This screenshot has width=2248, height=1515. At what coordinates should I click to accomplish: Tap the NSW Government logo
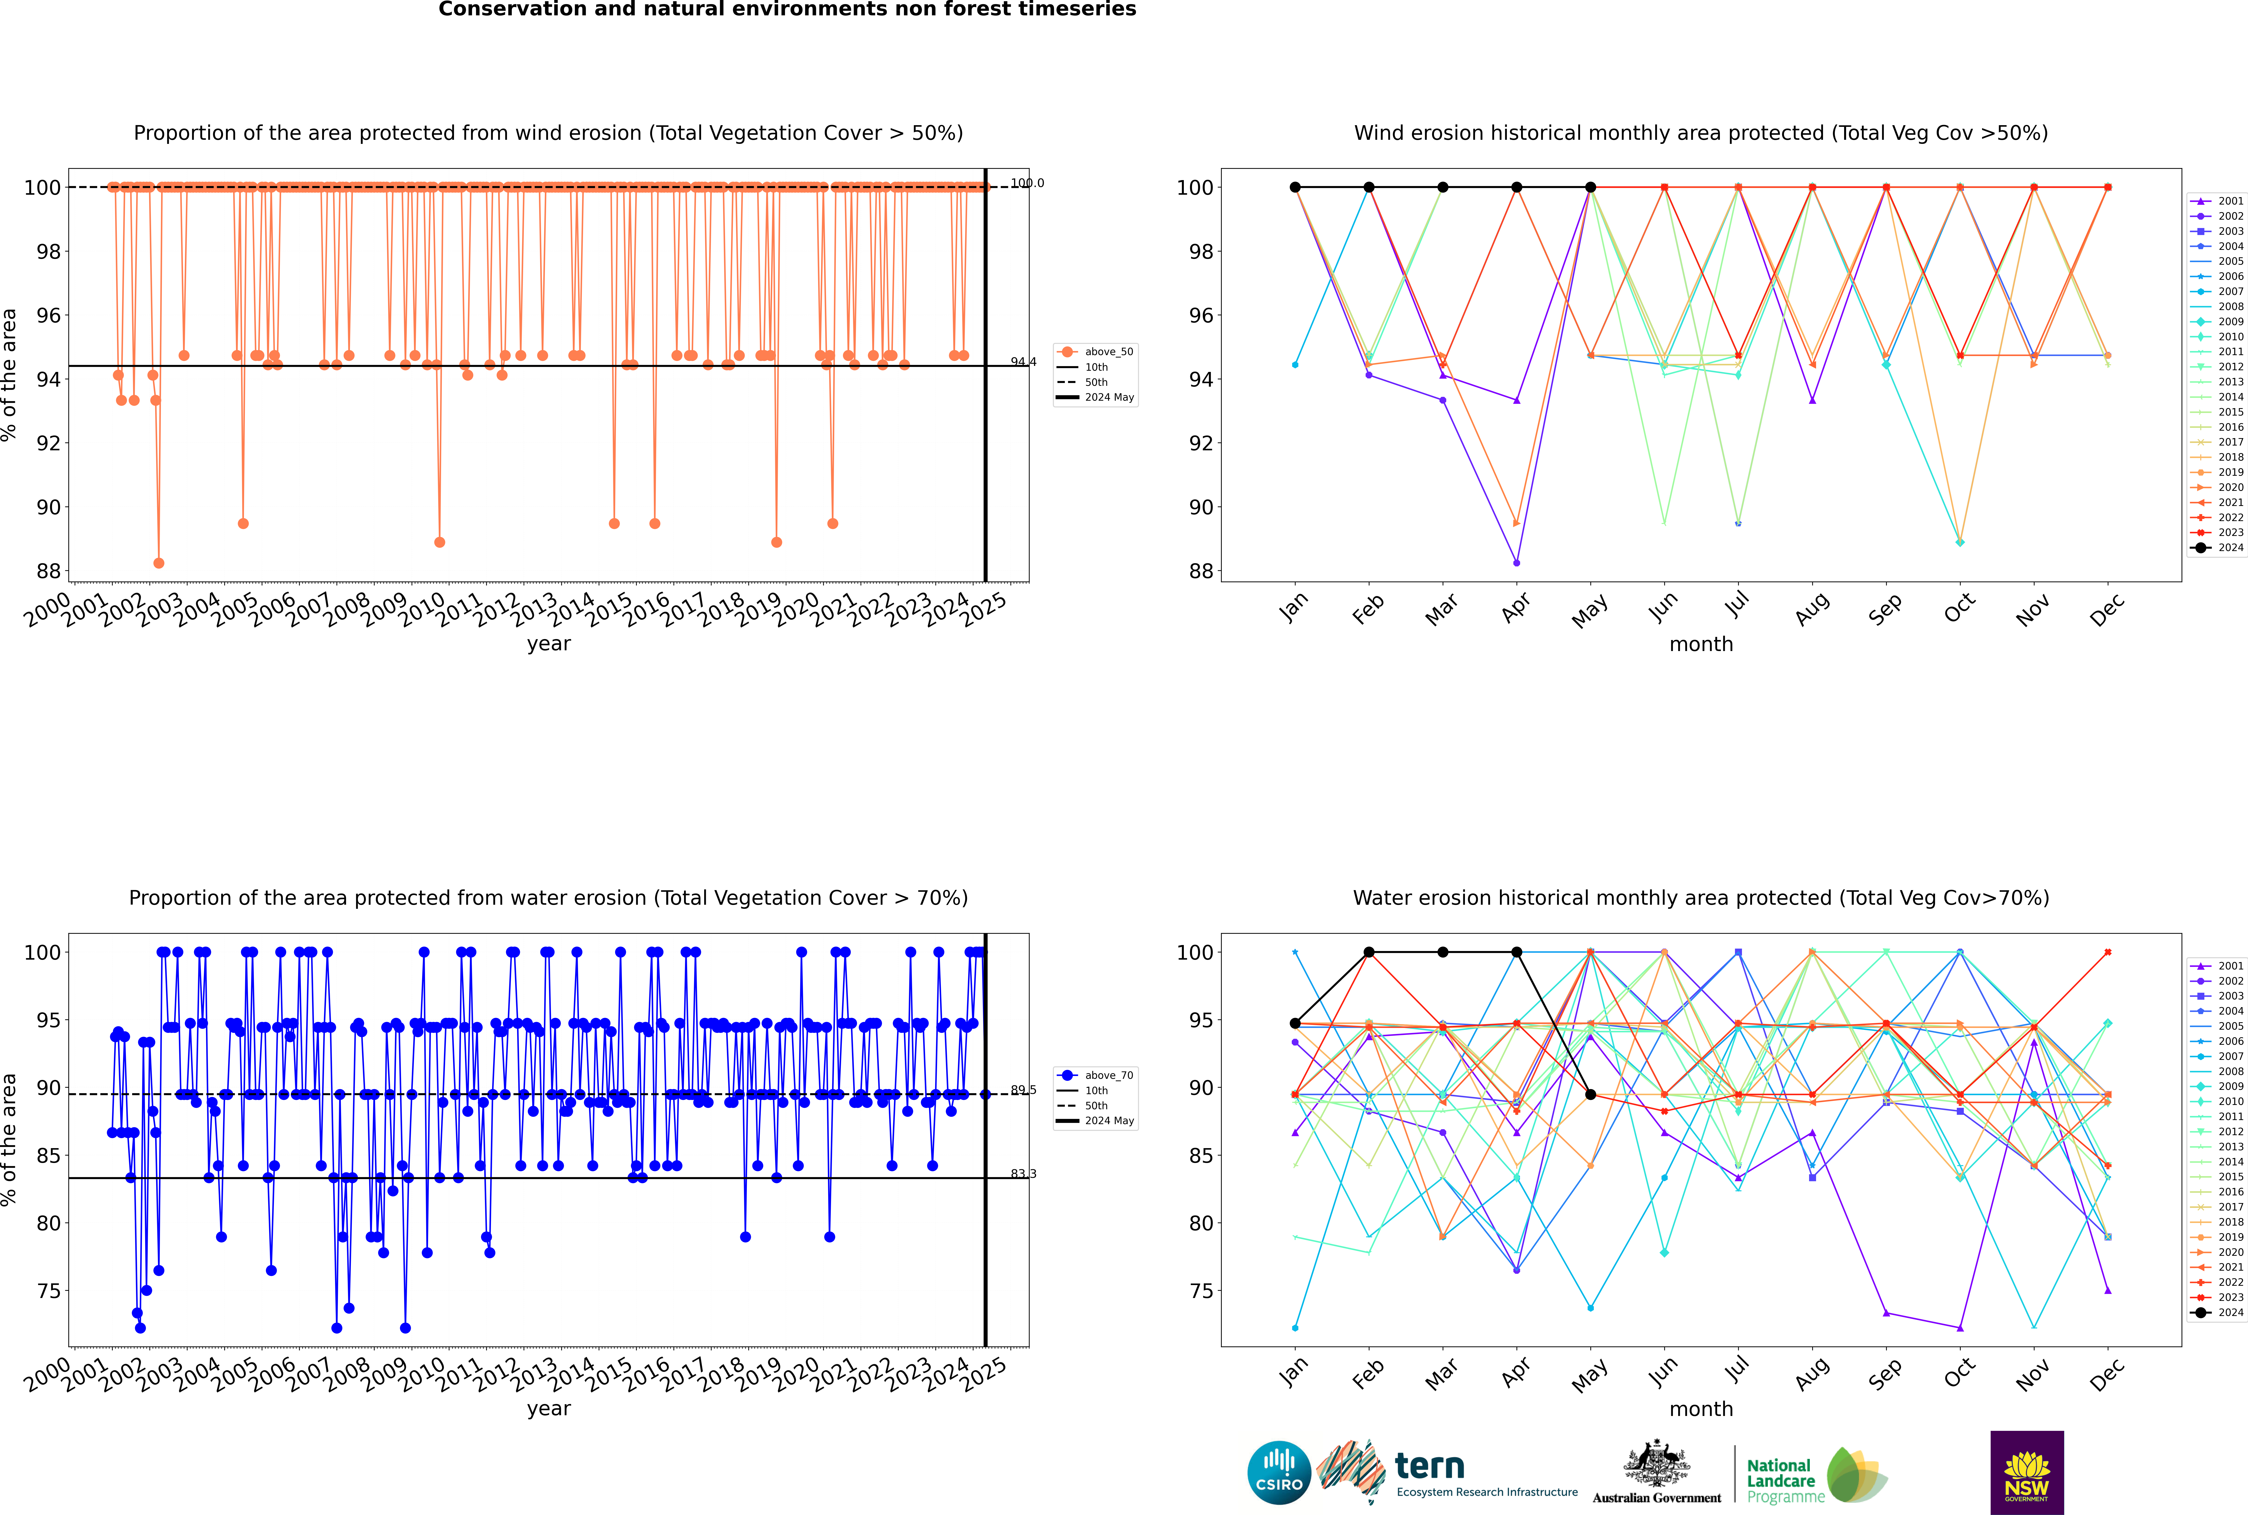pyautogui.click(x=2027, y=1472)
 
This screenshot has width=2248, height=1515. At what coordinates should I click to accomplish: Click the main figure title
pyautogui.click(x=787, y=10)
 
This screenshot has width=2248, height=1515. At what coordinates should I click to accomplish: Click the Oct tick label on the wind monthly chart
pyautogui.click(x=1959, y=609)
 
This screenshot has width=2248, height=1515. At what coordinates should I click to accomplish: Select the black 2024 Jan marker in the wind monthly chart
pyautogui.click(x=1295, y=188)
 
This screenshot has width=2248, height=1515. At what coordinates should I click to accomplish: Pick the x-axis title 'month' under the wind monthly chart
pyautogui.click(x=1701, y=645)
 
